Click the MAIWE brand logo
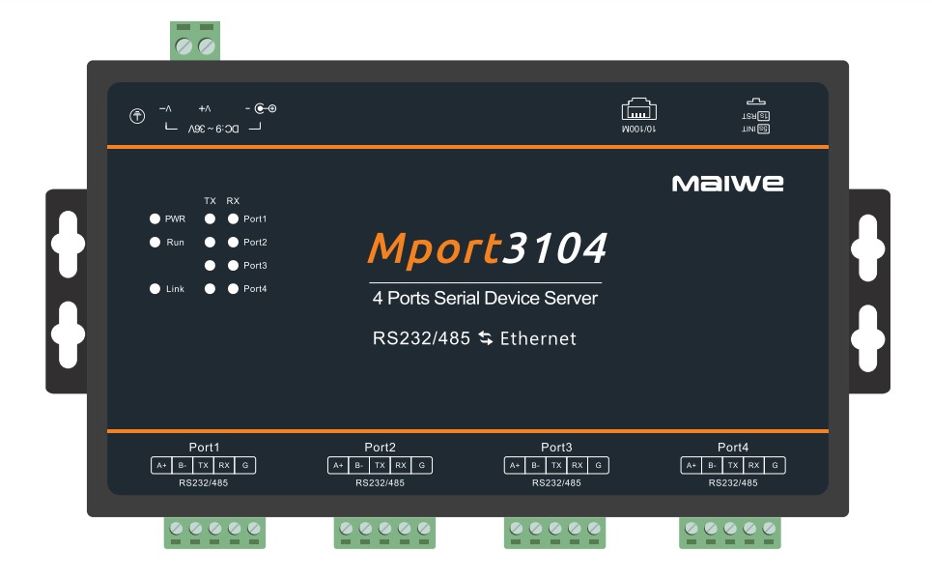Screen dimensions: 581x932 727,183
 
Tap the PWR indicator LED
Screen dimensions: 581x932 155,219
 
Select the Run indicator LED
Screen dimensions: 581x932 155,243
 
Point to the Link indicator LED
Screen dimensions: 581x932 155,289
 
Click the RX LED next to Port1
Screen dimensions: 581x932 233,219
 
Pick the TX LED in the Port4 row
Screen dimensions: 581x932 210,289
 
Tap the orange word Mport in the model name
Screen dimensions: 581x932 434,248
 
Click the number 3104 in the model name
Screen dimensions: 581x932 556,248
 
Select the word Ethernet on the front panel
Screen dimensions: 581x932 538,338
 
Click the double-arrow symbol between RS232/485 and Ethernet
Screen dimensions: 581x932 485,338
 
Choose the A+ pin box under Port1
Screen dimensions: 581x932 161,466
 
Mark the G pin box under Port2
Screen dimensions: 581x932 422,466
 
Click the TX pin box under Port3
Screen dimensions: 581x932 556,466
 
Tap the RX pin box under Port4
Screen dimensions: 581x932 754,466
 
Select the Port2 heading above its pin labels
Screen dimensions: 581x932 381,448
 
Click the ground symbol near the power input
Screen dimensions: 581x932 137,116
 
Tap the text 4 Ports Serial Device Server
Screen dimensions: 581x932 485,299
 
